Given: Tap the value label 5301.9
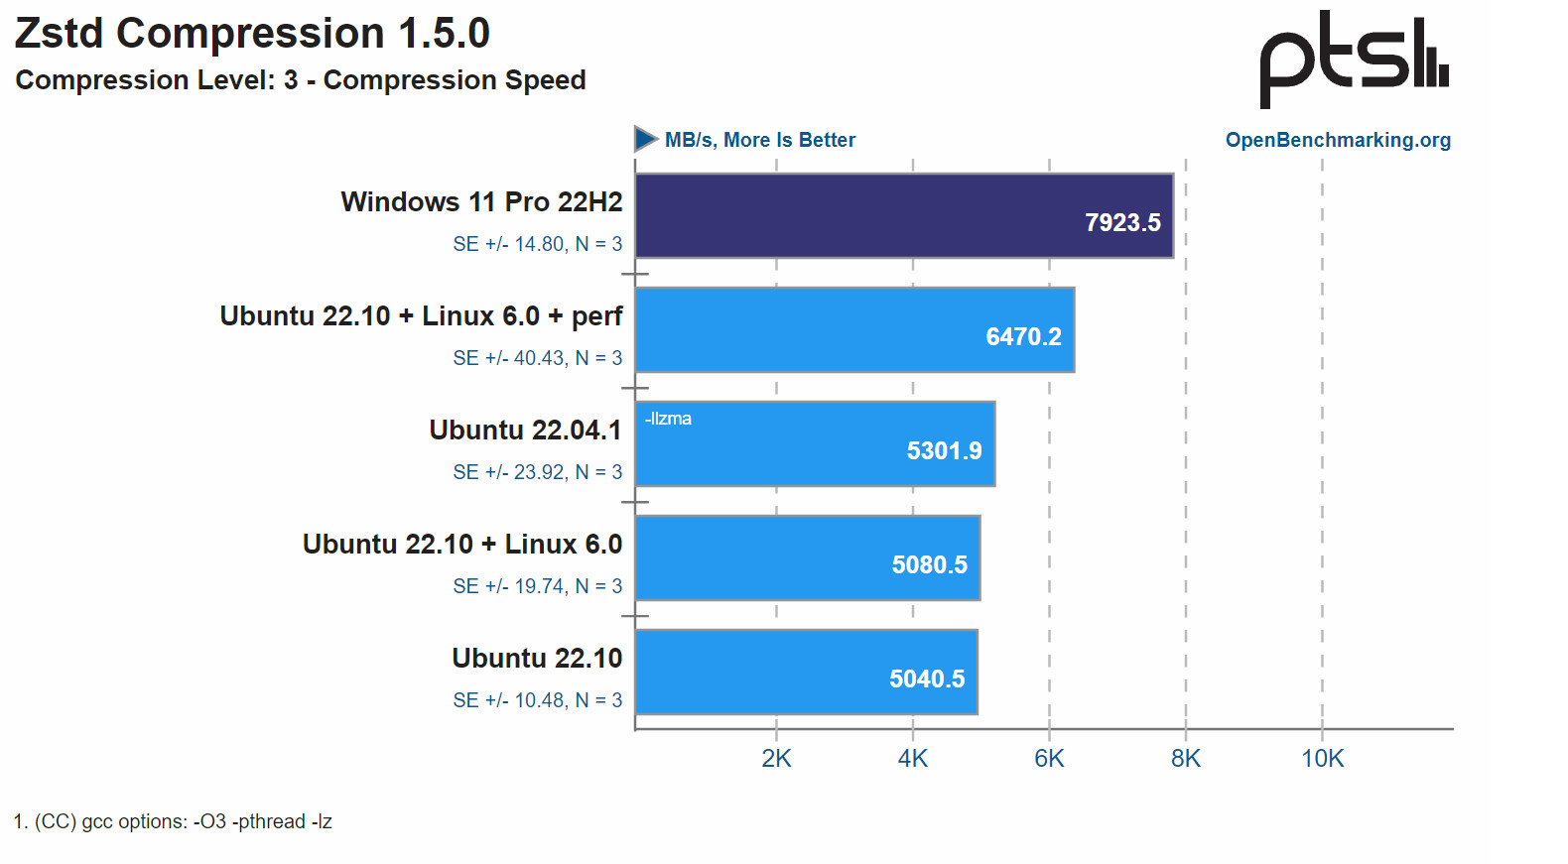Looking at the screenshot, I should click(944, 451).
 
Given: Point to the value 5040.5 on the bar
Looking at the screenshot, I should click(927, 679).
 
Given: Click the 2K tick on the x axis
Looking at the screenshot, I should click(776, 759).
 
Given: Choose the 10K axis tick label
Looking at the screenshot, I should click(1322, 759).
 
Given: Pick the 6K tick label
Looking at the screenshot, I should click(1049, 759).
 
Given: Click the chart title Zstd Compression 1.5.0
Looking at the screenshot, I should click(252, 34).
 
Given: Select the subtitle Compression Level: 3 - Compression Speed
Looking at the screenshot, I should click(301, 80).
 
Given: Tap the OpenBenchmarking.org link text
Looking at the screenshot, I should click(1338, 140).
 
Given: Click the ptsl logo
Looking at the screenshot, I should click(1354, 59).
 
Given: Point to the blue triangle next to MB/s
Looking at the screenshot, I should click(646, 139).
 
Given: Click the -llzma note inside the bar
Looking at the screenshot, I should click(668, 419).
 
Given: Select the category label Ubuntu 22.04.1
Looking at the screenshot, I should click(525, 431).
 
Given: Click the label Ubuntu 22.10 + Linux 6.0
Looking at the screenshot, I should click(462, 545).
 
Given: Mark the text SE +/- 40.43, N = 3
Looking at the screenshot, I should click(537, 358).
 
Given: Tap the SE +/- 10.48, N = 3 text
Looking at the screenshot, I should click(537, 700).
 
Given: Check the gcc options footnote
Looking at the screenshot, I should click(173, 822).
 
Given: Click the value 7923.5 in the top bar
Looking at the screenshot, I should click(1122, 223).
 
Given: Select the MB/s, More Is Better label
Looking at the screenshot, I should click(759, 140).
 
